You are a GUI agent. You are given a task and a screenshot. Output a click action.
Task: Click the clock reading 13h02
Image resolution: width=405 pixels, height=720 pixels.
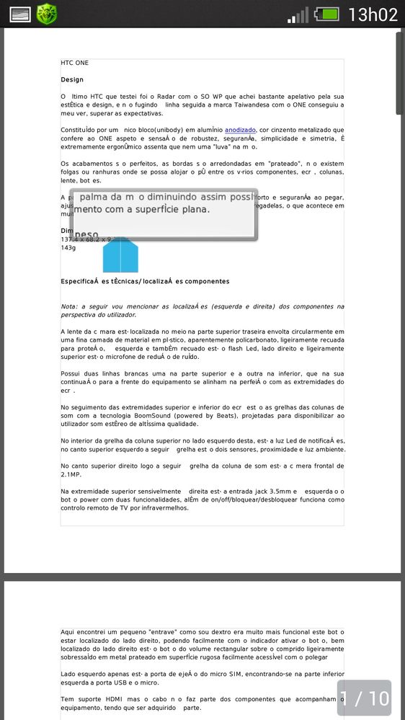click(x=373, y=14)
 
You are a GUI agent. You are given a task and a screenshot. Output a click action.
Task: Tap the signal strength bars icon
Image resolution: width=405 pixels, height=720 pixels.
click(x=297, y=14)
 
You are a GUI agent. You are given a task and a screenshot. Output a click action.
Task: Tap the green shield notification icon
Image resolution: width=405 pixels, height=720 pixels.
click(x=47, y=14)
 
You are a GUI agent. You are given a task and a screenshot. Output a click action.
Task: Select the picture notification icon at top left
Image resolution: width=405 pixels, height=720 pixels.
click(x=19, y=14)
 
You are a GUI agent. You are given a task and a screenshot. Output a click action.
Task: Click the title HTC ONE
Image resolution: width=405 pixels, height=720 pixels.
click(x=74, y=63)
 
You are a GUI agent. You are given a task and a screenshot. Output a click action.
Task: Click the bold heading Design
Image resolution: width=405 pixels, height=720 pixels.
click(x=72, y=80)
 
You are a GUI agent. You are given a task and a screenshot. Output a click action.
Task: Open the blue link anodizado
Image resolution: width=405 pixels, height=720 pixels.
click(x=240, y=130)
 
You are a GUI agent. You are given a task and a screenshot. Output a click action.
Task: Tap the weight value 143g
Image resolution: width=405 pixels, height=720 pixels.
click(x=68, y=247)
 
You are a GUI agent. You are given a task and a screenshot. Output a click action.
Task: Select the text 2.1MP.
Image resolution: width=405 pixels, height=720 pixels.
click(x=72, y=475)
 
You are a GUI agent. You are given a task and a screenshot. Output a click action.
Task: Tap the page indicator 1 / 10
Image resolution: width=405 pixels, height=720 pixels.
click(x=364, y=698)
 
